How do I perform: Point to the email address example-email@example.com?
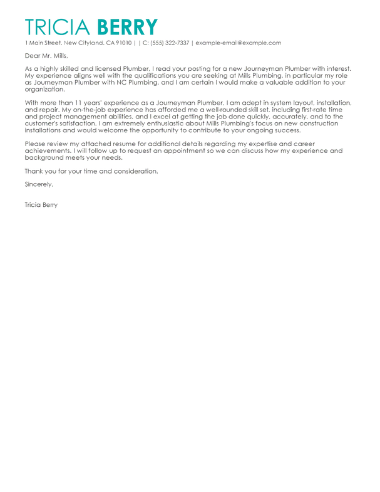239,43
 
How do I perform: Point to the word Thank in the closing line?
34,170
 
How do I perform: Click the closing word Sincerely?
39,184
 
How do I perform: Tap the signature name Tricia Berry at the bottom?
41,204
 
